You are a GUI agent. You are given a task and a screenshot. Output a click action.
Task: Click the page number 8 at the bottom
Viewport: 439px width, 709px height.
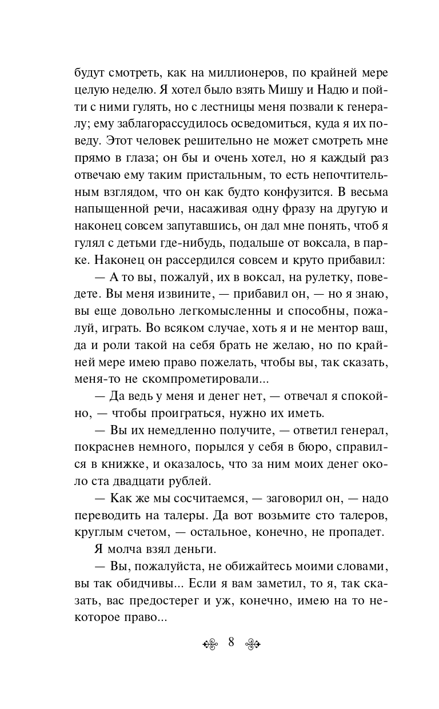(x=232, y=642)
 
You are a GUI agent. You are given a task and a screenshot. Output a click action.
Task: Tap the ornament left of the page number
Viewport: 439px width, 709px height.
(x=210, y=642)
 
